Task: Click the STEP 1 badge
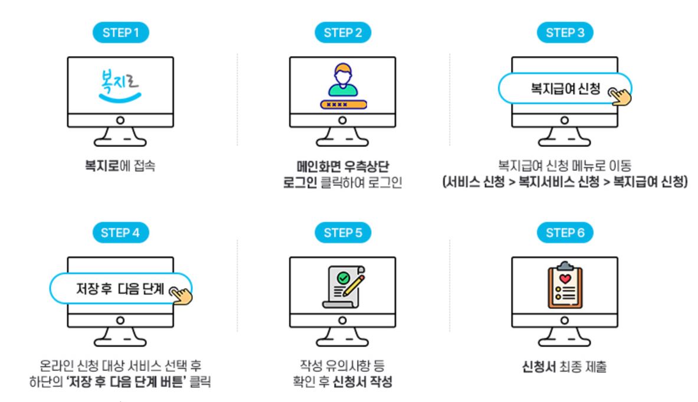120,33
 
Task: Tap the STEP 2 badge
343,33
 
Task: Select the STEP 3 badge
565,33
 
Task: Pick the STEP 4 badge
120,233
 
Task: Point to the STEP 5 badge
343,233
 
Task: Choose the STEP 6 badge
565,233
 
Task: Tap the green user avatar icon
343,82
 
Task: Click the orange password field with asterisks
343,104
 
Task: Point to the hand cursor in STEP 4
181,294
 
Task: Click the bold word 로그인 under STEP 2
299,182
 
